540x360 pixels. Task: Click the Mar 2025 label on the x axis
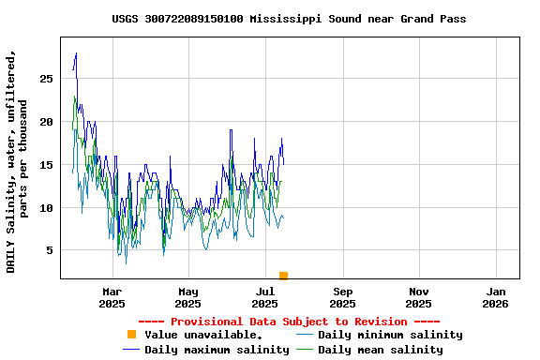point(112,297)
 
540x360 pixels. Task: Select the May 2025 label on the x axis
point(188,297)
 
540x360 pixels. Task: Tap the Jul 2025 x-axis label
point(265,297)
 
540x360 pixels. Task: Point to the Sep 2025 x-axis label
point(342,297)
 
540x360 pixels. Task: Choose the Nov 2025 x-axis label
point(419,297)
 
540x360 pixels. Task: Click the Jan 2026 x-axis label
point(496,297)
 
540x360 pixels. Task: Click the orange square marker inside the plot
point(283,276)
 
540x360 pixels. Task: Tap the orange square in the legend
point(131,335)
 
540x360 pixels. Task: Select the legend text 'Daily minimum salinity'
point(390,335)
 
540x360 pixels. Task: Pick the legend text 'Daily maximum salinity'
point(217,350)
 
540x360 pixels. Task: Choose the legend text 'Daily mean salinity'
point(379,350)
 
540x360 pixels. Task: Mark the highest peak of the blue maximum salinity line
point(76,53)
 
